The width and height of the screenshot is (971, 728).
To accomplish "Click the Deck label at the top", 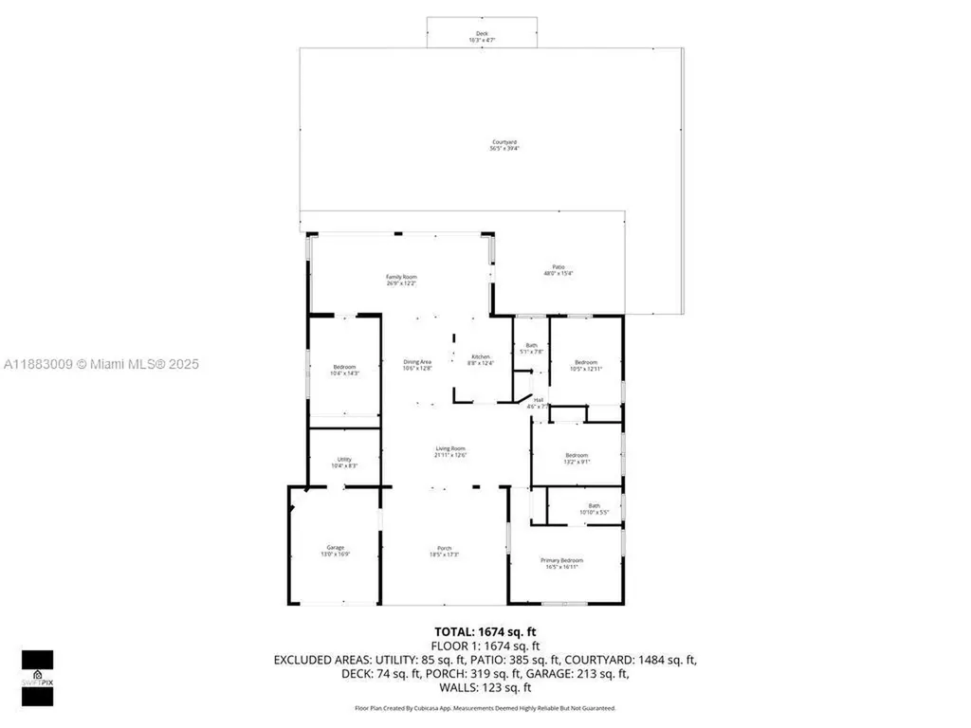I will click(482, 36).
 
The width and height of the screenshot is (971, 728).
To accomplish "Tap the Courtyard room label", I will click(504, 145).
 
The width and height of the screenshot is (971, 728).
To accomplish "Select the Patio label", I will click(559, 270).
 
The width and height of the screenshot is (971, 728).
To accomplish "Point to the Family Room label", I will click(401, 280).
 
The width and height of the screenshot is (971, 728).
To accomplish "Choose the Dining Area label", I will click(417, 364).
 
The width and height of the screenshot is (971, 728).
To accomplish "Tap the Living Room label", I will click(450, 451).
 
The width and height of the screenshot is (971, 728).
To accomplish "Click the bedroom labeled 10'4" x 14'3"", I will click(344, 370).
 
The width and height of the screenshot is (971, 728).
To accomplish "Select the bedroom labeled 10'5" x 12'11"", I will click(585, 365).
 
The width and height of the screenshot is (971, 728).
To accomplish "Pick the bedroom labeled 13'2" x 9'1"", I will click(577, 459).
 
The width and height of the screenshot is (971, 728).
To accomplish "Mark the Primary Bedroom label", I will click(561, 563).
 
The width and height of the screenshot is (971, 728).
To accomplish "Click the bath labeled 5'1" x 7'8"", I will click(532, 348).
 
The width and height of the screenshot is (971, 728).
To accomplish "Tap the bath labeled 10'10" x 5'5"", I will click(594, 509).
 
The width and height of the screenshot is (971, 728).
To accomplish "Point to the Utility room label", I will click(344, 463).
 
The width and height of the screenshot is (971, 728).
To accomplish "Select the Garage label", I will click(336, 550).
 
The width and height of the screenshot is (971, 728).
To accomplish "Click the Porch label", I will click(444, 550).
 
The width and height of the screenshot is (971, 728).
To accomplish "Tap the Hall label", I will click(538, 403).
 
